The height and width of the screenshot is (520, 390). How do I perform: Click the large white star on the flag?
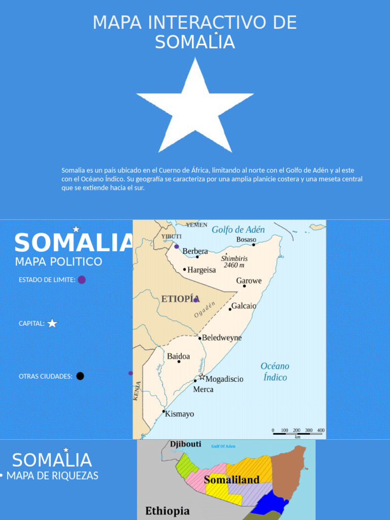pos(195,109)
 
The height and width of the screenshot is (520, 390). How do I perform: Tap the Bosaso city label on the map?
pos(246,239)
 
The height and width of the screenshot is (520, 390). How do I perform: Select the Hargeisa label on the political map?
pos(202,270)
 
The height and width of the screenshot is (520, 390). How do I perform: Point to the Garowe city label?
pos(249,281)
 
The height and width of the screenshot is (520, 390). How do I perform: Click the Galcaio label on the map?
pos(244,306)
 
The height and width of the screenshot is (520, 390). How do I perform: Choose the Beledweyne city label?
pos(222,338)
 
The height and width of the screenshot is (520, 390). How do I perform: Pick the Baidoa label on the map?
pos(179,356)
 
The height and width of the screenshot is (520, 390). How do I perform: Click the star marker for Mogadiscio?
pos(202,377)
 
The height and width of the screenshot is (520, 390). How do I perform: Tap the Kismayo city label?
pos(180,414)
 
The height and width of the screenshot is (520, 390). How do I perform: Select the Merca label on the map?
pos(203,389)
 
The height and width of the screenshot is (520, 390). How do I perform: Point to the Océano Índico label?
pos(275,372)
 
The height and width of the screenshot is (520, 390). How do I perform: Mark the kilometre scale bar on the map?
pos(298,433)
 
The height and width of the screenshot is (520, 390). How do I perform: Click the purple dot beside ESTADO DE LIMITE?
pos(82,280)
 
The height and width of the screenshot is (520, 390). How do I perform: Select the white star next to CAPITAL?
pos(52,323)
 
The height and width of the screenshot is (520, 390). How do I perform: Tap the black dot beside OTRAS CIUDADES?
pos(80,376)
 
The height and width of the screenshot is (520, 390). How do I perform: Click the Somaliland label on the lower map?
pos(232,480)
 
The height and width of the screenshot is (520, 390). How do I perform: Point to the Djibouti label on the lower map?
pos(185,444)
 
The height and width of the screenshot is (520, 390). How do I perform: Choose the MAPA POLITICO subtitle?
pos(58,262)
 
